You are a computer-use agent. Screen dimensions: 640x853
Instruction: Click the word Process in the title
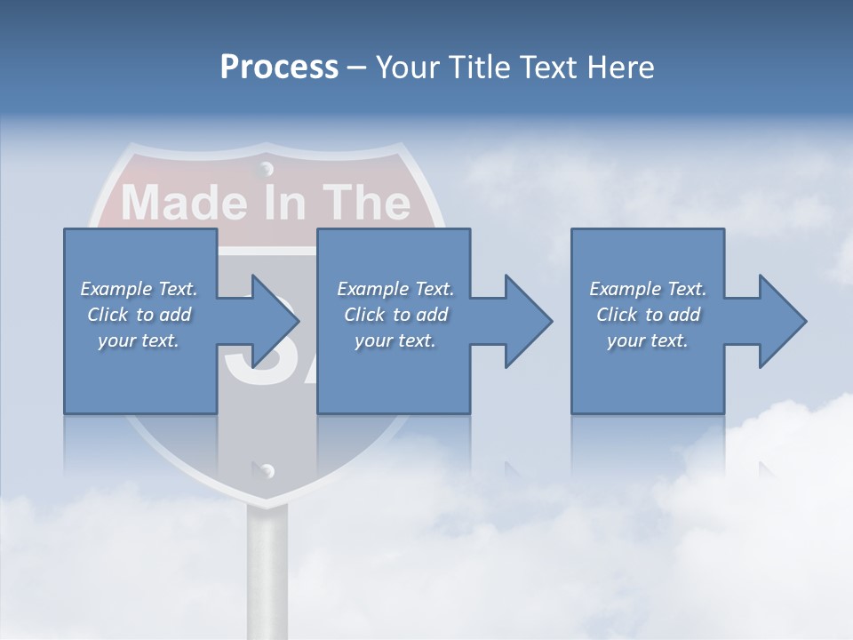pyautogui.click(x=279, y=68)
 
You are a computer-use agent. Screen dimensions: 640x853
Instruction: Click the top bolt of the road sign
pyautogui.click(x=266, y=167)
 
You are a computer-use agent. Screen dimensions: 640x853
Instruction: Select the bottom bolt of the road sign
pyautogui.click(x=267, y=470)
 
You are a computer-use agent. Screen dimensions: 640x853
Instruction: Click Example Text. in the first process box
pyautogui.click(x=139, y=289)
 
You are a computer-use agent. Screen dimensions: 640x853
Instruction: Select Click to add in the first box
pyautogui.click(x=139, y=315)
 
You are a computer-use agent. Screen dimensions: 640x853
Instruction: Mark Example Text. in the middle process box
pyautogui.click(x=395, y=289)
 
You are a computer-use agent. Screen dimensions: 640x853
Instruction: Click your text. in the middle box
pyautogui.click(x=395, y=340)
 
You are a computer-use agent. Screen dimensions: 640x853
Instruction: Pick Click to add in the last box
pyautogui.click(x=648, y=315)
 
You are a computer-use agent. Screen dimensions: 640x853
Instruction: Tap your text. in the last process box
pyautogui.click(x=648, y=340)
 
